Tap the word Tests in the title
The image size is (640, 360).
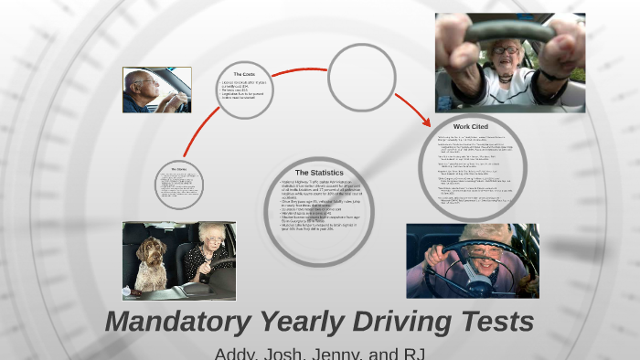click(x=490, y=322)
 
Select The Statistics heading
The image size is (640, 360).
click(x=319, y=173)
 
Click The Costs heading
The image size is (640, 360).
click(x=244, y=74)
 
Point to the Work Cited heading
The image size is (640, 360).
click(x=473, y=125)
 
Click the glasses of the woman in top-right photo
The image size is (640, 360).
click(x=505, y=48)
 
